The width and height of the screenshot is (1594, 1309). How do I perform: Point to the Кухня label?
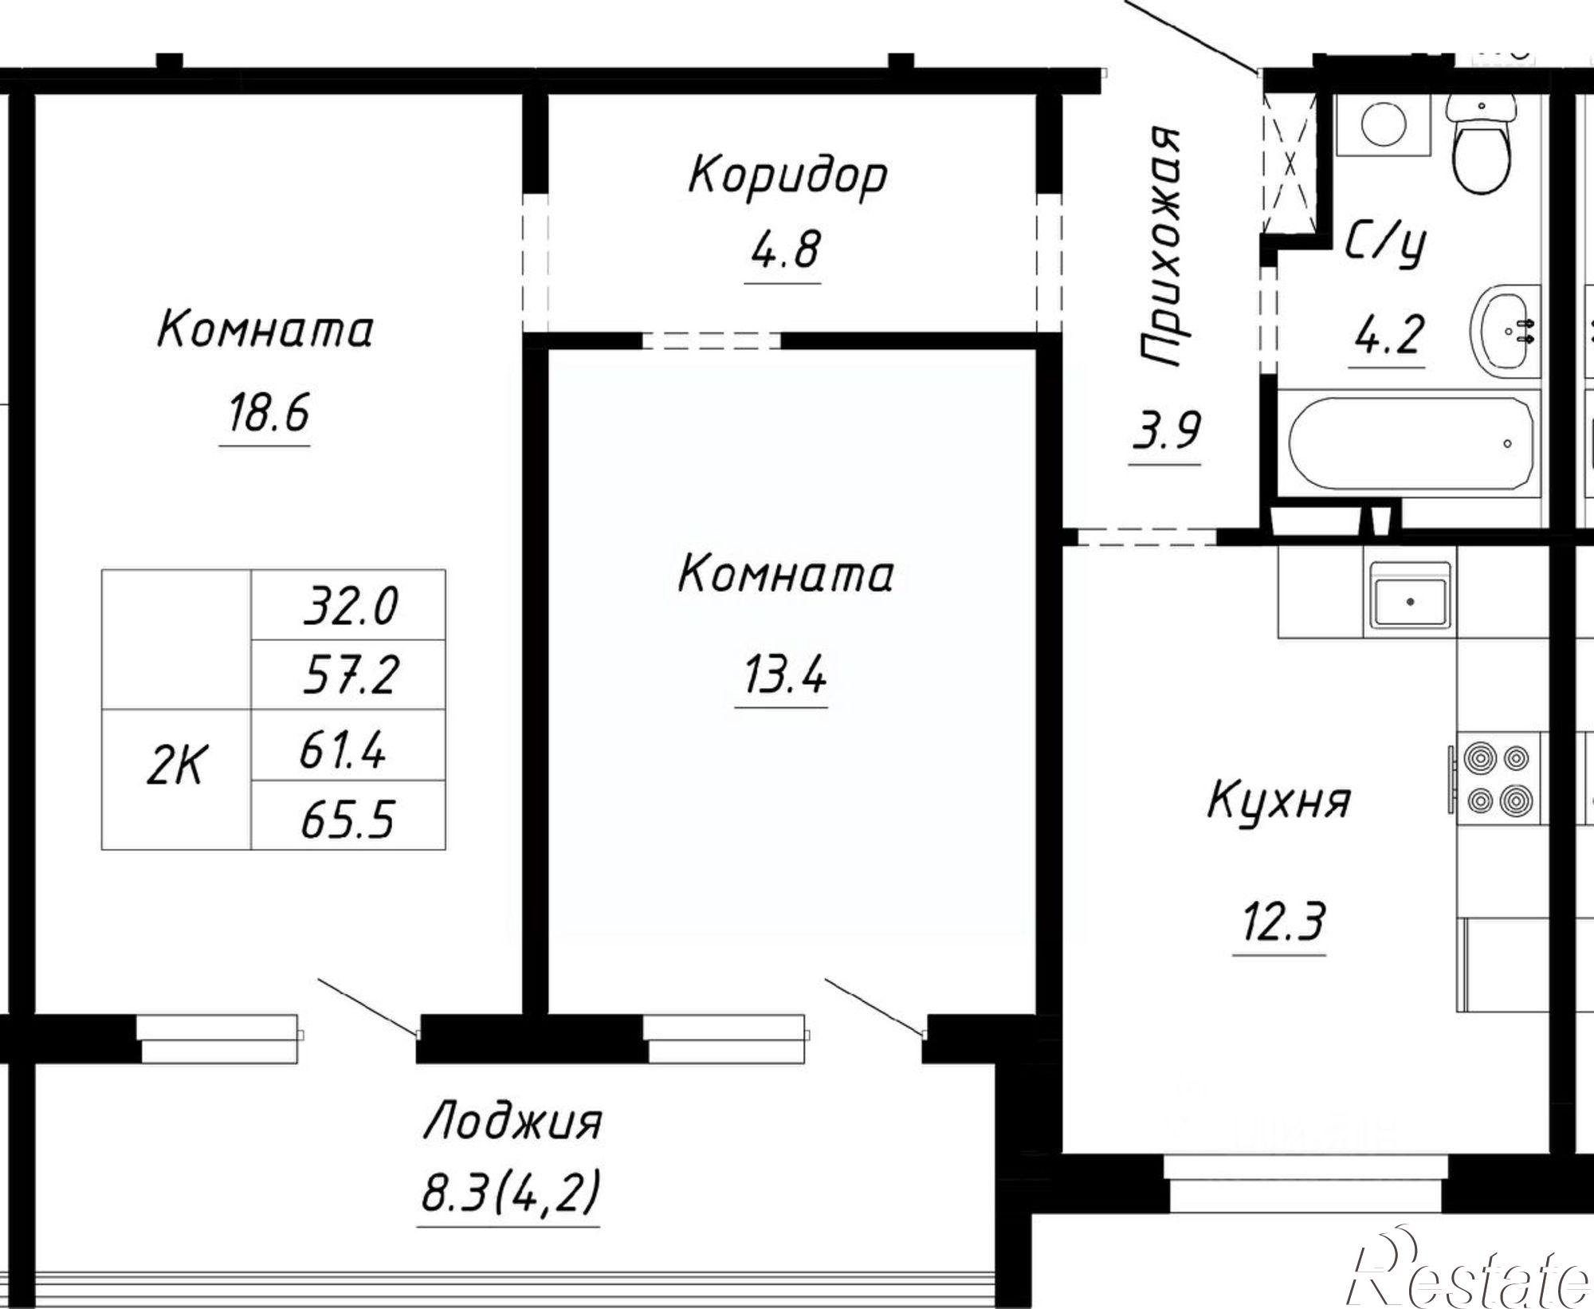[1278, 801]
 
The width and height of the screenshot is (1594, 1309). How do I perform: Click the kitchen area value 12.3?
[1281, 922]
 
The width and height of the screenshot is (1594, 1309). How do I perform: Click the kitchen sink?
[1410, 594]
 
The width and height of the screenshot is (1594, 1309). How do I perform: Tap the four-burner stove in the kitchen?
[1499, 778]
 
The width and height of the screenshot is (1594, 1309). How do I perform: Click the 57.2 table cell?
[349, 675]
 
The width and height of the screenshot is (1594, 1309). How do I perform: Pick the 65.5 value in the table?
[347, 819]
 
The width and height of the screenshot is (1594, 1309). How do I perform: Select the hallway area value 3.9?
[1166, 431]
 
